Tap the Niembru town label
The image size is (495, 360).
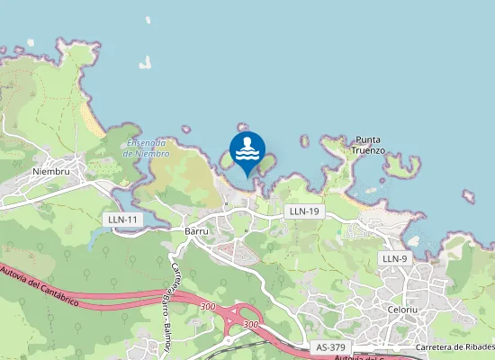pyautogui.click(x=50, y=171)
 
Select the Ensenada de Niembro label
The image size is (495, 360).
pyautogui.click(x=145, y=148)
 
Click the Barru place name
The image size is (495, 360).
pyautogui.click(x=195, y=230)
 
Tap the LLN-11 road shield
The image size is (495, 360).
pyautogui.click(x=122, y=220)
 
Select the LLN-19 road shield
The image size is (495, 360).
pyautogui.click(x=302, y=211)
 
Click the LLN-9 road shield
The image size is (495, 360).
pyautogui.click(x=395, y=258)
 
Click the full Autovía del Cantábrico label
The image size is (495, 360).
pyautogui.click(x=40, y=286)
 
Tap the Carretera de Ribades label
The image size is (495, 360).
pyautogui.click(x=455, y=347)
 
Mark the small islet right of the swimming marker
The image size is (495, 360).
pyautogui.click(x=304, y=141)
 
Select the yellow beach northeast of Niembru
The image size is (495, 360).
pyautogui.click(x=91, y=117)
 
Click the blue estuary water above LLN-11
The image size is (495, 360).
pyautogui.click(x=99, y=236)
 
